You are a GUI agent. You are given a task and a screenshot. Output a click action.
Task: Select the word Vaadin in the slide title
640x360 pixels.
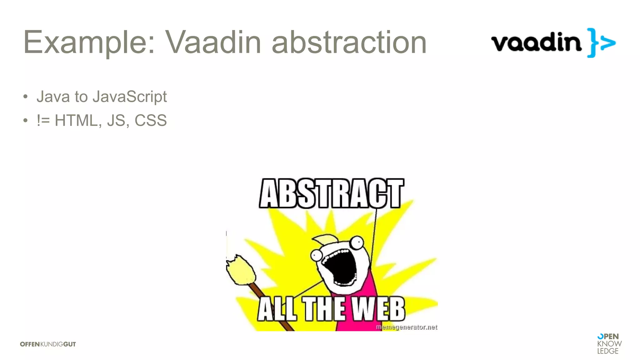(x=213, y=42)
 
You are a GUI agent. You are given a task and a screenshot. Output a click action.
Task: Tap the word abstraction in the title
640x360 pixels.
(x=349, y=42)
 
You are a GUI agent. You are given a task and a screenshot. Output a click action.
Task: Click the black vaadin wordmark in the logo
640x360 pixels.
(x=536, y=42)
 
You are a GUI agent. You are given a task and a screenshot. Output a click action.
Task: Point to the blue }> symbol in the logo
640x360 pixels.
(x=601, y=43)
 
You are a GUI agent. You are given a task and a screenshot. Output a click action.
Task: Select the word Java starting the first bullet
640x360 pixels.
(x=53, y=97)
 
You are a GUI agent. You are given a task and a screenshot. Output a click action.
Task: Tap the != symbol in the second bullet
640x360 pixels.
(x=43, y=121)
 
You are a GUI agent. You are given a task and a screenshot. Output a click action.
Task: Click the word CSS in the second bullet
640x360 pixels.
(x=151, y=121)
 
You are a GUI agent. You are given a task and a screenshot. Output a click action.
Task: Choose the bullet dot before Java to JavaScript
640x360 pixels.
(x=26, y=97)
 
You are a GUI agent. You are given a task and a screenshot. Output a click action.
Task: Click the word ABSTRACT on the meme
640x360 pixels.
(x=332, y=194)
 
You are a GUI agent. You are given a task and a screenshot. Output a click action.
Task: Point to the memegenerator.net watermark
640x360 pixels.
(x=407, y=327)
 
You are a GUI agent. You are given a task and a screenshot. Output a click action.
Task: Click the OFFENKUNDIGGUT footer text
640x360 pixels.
(x=48, y=344)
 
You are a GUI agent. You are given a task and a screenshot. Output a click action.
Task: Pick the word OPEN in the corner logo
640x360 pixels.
(x=608, y=337)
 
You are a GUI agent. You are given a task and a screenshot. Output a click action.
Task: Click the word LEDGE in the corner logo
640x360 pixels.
(x=608, y=351)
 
